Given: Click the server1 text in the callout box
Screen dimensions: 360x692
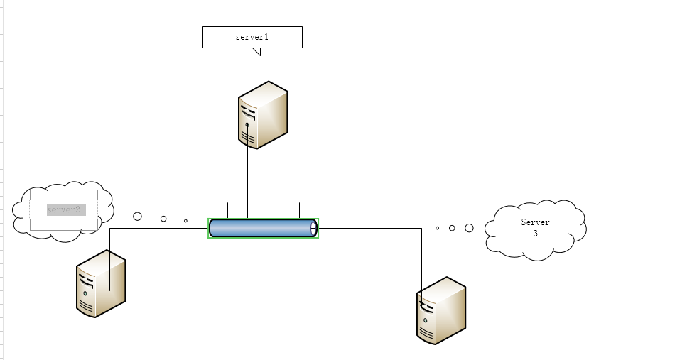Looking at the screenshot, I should point(252,36).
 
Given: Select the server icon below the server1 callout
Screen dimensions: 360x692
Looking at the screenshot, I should point(263,114).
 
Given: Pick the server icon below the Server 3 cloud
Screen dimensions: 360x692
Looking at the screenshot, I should point(440,310).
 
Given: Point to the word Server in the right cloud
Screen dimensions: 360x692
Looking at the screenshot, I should point(535,222).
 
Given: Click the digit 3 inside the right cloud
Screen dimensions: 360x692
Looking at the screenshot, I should point(535,233).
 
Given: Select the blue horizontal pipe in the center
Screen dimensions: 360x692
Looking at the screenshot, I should point(262,228).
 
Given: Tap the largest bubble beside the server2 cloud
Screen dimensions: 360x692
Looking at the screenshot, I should point(138,216).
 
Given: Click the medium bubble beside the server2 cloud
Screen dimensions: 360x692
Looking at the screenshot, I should point(163,219).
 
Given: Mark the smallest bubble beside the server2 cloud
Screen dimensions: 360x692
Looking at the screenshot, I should point(185,221).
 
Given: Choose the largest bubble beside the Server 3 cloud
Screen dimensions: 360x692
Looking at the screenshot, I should point(469,228).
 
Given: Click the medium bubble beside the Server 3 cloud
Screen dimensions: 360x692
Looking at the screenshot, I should point(452,228).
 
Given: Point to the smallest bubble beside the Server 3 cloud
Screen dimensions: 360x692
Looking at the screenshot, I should point(437,228).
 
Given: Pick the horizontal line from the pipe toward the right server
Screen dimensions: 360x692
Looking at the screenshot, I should point(369,229).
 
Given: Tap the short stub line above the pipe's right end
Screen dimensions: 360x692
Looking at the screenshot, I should point(299,210).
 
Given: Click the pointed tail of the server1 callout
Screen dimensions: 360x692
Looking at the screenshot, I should point(259,52).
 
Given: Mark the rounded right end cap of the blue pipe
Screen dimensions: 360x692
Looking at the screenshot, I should point(313,228).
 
